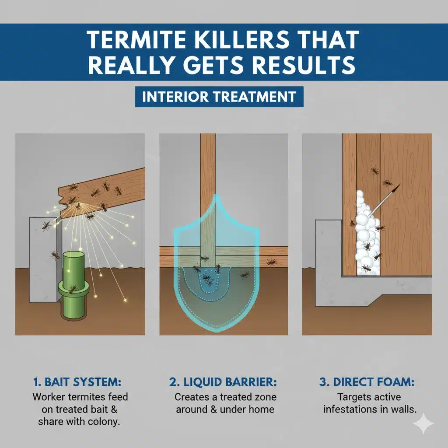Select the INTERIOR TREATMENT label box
click(x=219, y=97)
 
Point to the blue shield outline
click(x=175, y=274)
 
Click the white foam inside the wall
click(x=366, y=234)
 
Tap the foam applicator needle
click(x=384, y=200)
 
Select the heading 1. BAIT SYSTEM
click(x=77, y=382)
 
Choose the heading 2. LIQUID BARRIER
click(x=223, y=382)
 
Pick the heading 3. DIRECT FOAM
click(x=367, y=382)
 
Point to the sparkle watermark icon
click(x=423, y=423)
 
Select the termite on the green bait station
click(x=72, y=289)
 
